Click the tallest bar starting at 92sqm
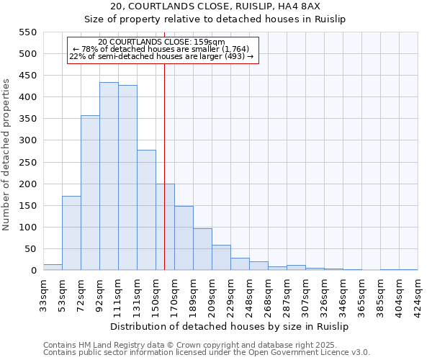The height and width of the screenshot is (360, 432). click(109, 176)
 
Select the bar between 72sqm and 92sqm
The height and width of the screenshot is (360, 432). click(90, 193)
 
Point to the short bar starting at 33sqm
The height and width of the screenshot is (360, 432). click(53, 267)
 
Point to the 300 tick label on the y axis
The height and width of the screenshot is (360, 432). click(27, 140)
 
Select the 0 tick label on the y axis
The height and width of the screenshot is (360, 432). click(32, 271)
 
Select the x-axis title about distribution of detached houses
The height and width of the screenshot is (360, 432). click(230, 327)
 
